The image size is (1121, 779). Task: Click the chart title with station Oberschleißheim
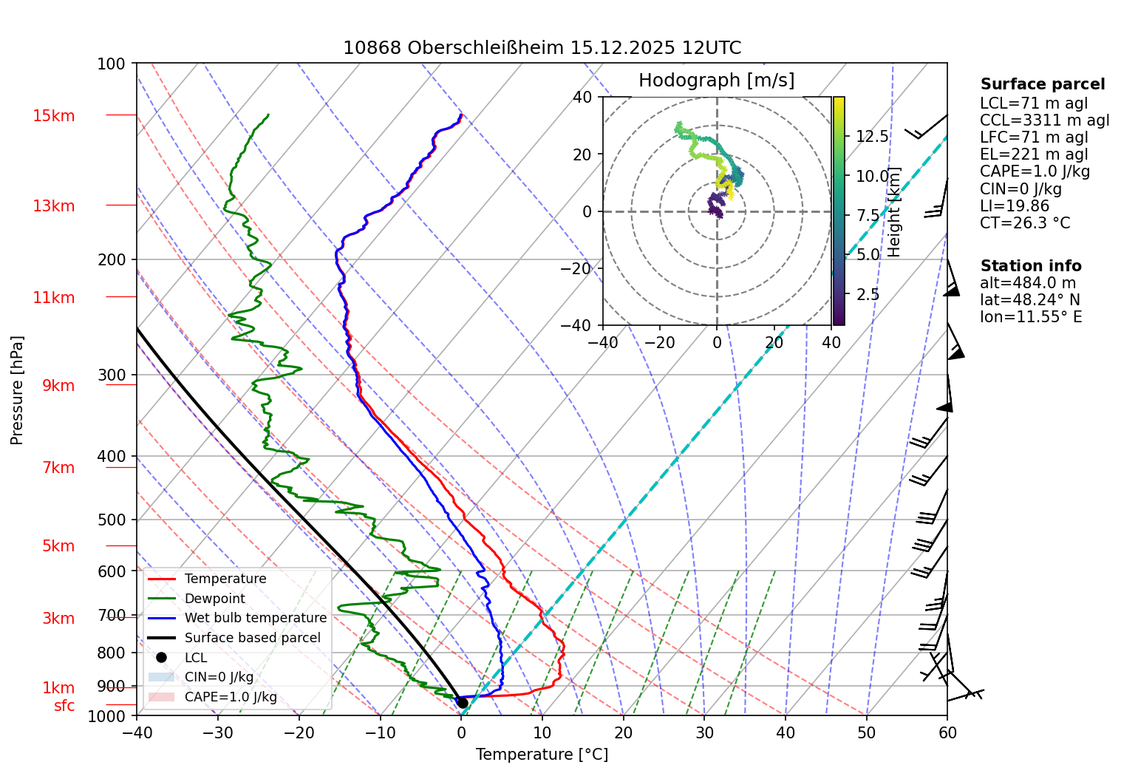tap(542, 48)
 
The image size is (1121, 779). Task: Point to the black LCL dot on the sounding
tap(462, 702)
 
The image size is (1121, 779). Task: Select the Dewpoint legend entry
tap(214, 599)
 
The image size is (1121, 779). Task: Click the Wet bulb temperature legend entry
tap(255, 618)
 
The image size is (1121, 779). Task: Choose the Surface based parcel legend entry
tap(252, 638)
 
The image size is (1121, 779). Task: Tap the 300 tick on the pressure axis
tap(112, 375)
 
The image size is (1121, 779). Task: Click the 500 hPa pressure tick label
tap(112, 520)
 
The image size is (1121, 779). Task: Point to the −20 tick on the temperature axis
tap(299, 733)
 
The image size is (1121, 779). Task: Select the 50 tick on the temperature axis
tap(866, 733)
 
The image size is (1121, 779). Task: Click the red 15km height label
tap(53, 116)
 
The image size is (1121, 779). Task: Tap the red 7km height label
tap(58, 468)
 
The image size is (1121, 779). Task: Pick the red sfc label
tap(64, 706)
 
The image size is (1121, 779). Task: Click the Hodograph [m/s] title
tap(716, 81)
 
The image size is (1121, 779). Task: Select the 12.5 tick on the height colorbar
tap(872, 137)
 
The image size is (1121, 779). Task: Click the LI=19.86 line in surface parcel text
tap(1015, 206)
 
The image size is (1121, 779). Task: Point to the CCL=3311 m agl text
tap(1044, 120)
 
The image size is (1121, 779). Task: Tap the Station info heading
tap(1031, 266)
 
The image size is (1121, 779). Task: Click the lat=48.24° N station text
tap(1029, 300)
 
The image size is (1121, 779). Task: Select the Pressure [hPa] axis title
tap(17, 390)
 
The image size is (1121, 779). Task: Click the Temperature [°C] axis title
tap(542, 755)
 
